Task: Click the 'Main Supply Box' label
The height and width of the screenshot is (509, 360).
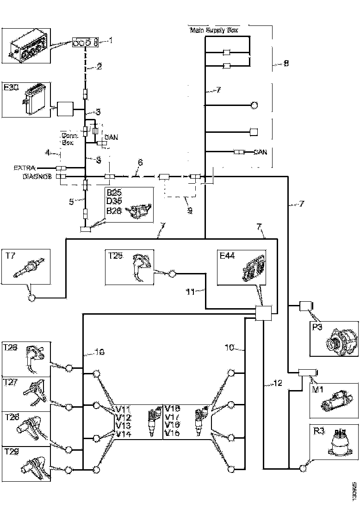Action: tap(213, 31)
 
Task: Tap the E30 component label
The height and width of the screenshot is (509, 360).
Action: tap(11, 88)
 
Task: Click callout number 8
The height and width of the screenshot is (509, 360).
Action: tap(286, 63)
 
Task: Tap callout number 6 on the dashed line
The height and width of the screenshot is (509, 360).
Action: tap(140, 162)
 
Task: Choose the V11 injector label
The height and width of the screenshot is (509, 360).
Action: tap(123, 409)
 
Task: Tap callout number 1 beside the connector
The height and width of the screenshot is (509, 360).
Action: tap(110, 41)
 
